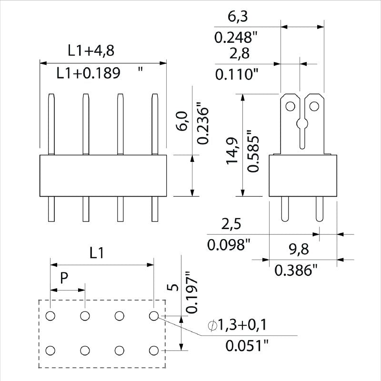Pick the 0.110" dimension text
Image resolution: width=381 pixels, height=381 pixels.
[237, 74]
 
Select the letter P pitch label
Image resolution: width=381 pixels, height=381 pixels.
[64, 279]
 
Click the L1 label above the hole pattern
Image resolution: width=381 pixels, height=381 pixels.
[97, 253]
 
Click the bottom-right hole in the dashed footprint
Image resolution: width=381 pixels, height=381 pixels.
[153, 351]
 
